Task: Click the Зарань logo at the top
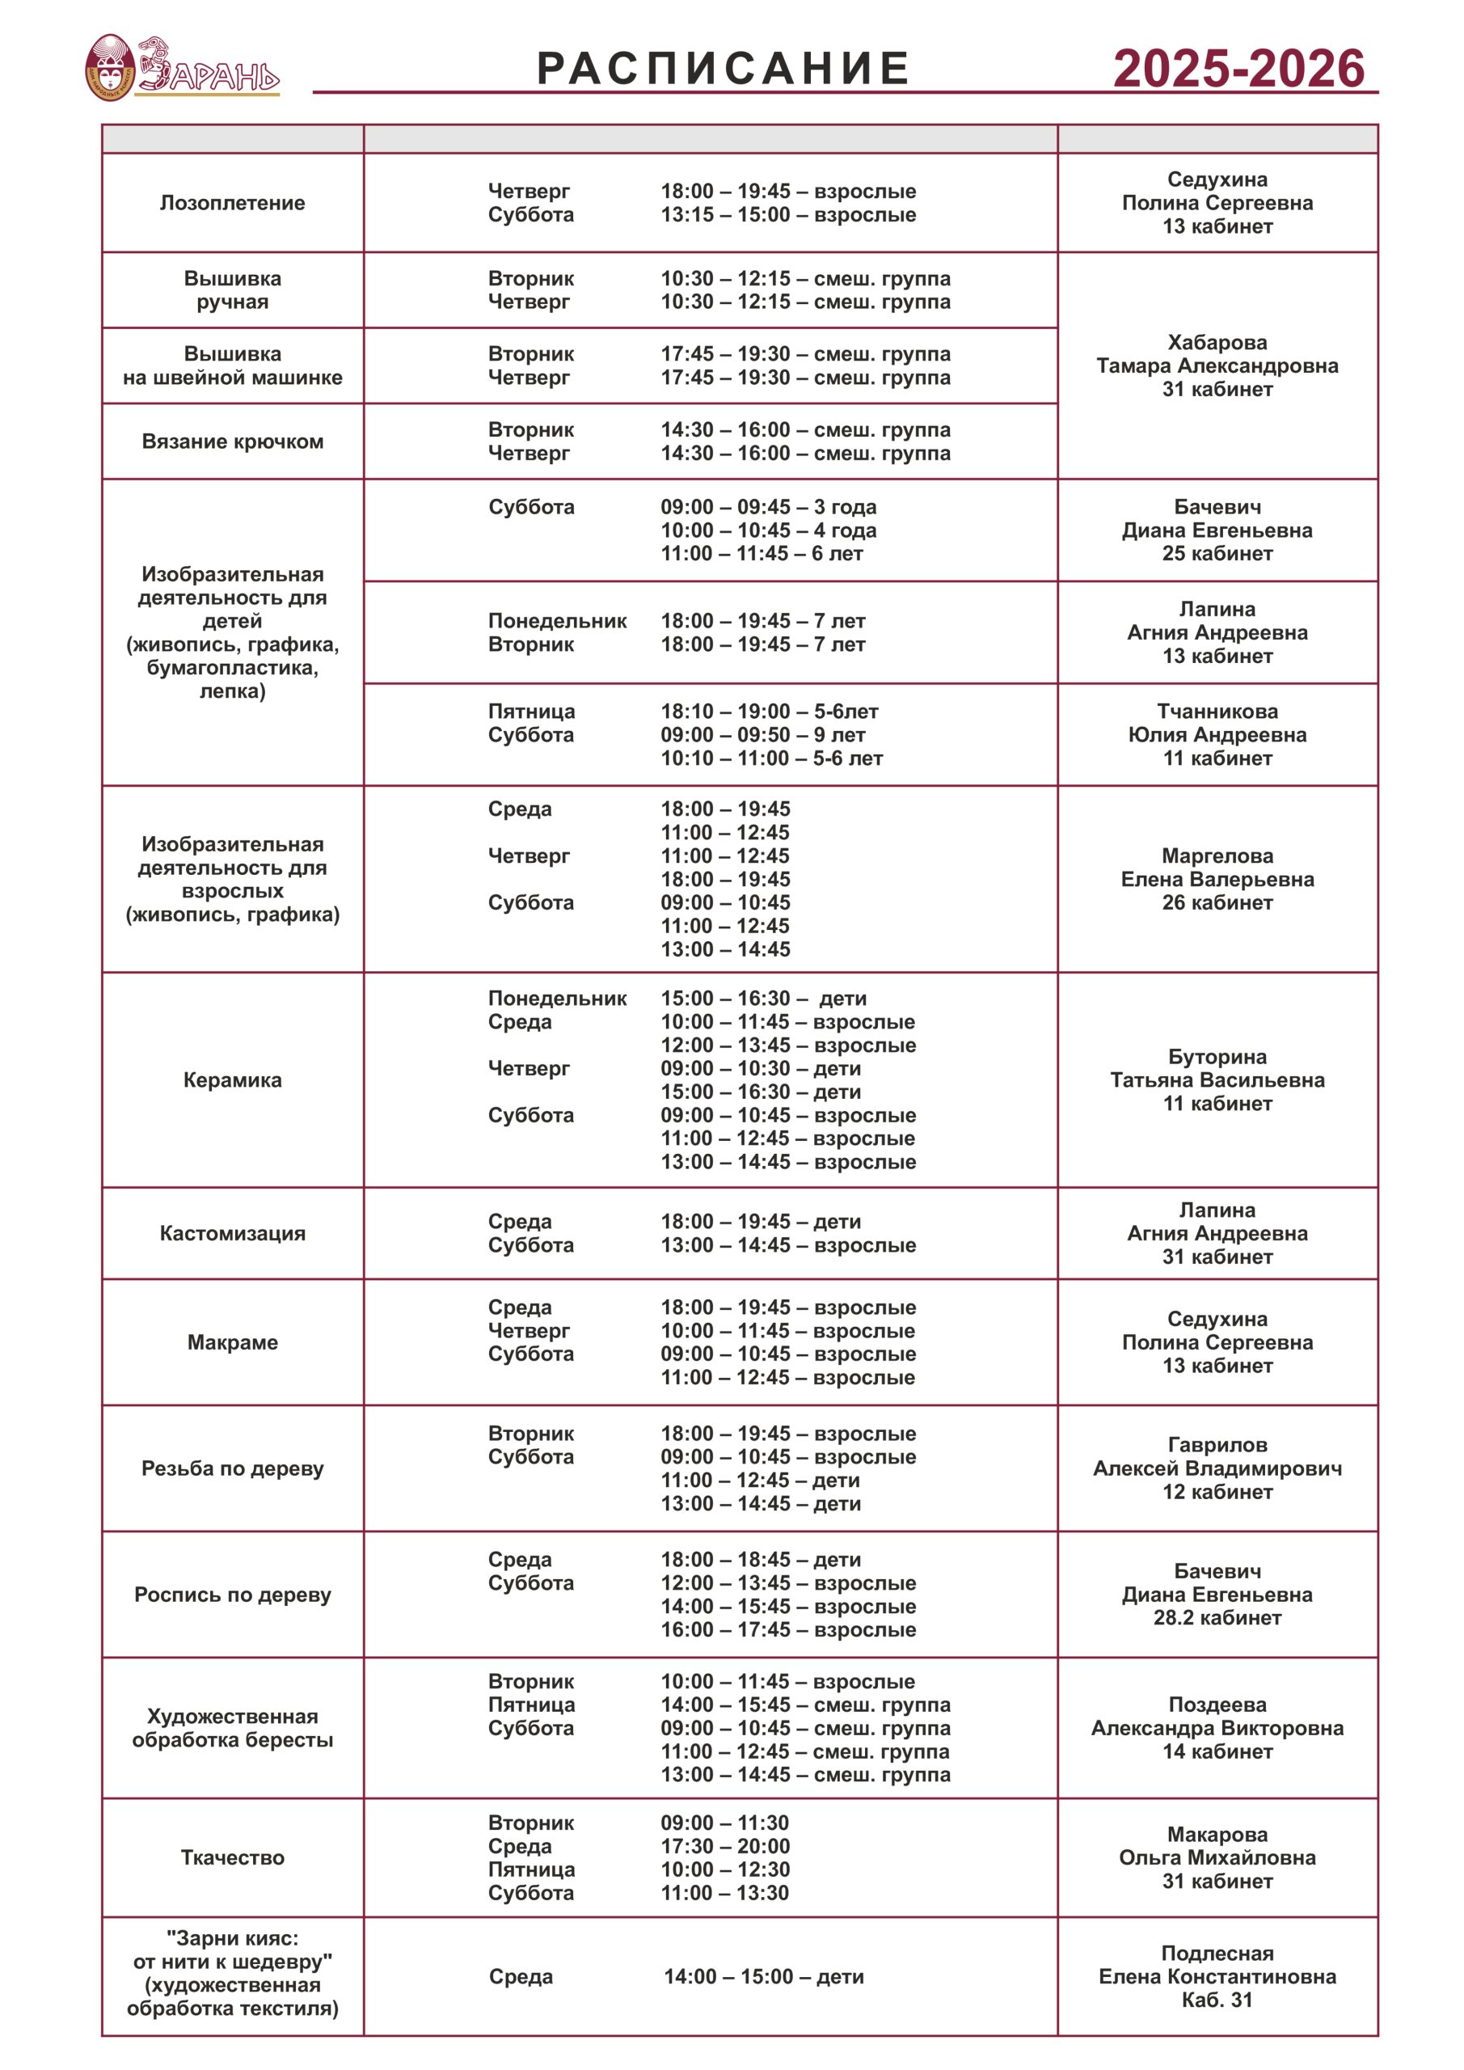[182, 68]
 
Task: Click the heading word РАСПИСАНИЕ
[723, 69]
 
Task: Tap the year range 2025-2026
[1238, 69]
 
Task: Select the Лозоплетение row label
[233, 203]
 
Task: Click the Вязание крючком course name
[233, 441]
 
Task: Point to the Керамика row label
[233, 1080]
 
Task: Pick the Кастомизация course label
[233, 1233]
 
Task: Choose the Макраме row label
[233, 1342]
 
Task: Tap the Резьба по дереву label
[233, 1468]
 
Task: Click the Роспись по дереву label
[233, 1595]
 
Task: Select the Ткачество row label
[233, 1858]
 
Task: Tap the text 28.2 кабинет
[1217, 1618]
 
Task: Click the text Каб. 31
[1217, 2000]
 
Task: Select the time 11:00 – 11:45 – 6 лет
[762, 554]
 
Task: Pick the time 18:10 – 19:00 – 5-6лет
[769, 712]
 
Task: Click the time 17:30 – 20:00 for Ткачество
[725, 1846]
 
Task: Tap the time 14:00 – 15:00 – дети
[764, 1977]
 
